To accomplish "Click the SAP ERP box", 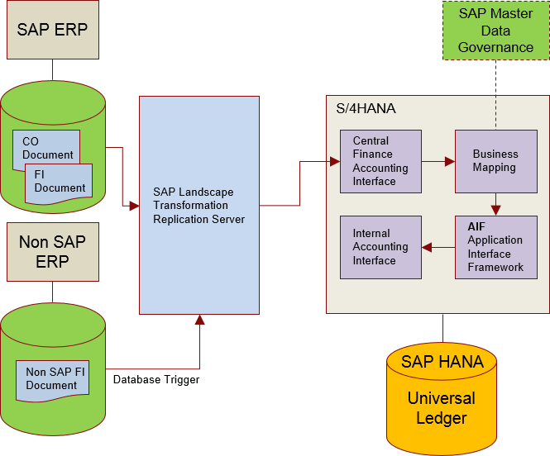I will click(x=52, y=30).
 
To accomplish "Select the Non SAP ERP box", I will click(x=52, y=251).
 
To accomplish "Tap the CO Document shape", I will click(x=47, y=148).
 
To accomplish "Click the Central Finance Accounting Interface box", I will click(x=380, y=161).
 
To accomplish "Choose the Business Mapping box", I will click(x=495, y=161).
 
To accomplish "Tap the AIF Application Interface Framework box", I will click(x=495, y=247).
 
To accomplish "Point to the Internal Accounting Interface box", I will click(x=380, y=247).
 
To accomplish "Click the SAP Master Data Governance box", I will click(x=495, y=31).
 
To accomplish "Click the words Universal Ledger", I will click(x=442, y=408).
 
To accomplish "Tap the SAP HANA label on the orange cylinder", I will click(x=442, y=362).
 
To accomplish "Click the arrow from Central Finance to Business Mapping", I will click(x=438, y=161).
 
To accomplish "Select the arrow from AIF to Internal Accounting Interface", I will click(x=438, y=246).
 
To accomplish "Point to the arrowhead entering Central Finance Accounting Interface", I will click(x=335, y=161).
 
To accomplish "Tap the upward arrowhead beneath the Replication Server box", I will click(x=199, y=320).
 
